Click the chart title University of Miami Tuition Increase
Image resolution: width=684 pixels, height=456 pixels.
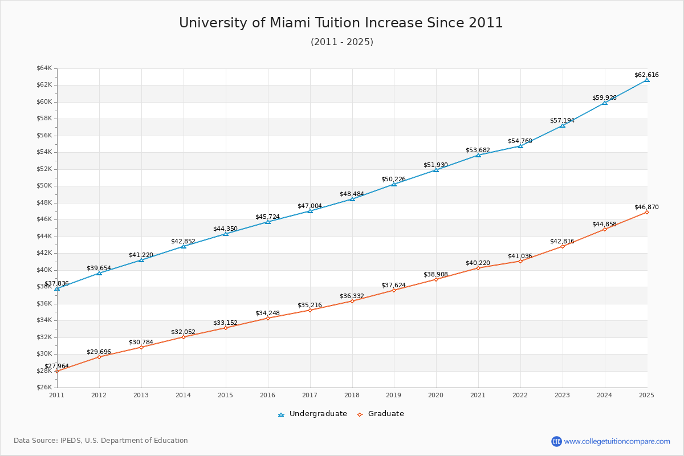[341, 23]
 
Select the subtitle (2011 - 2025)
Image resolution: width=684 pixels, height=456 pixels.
[341, 42]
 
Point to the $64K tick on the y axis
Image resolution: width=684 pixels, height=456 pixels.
[44, 68]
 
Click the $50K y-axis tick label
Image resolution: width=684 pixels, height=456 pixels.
[44, 186]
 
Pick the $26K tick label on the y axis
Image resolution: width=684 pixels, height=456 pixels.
[44, 388]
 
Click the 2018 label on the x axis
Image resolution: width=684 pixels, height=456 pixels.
[352, 395]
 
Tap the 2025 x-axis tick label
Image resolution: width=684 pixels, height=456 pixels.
[646, 395]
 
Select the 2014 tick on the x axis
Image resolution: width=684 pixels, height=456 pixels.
[184, 395]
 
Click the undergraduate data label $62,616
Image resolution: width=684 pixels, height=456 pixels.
[646, 75]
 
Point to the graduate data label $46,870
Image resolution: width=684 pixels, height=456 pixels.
[646, 207]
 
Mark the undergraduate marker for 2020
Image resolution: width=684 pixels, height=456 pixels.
[436, 170]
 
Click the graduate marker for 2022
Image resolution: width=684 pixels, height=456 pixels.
[520, 261]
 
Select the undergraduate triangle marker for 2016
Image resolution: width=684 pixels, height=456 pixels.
[268, 222]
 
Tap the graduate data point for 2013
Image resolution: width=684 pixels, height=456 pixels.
[141, 347]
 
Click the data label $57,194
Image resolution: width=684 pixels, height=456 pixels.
[562, 121]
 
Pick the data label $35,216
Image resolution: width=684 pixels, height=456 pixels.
[310, 306]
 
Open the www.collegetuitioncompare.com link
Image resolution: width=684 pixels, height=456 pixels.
[617, 441]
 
